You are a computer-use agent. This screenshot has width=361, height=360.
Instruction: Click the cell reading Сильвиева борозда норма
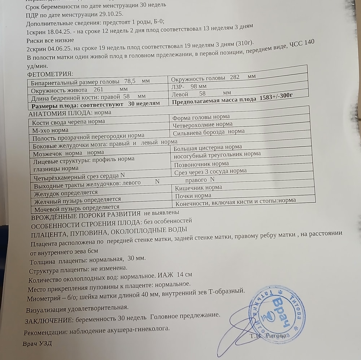(x=209, y=132)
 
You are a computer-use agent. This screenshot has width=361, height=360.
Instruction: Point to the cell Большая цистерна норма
(x=208, y=147)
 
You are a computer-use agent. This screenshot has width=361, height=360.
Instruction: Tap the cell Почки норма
(x=193, y=196)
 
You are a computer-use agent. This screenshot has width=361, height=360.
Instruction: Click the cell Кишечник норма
(x=199, y=188)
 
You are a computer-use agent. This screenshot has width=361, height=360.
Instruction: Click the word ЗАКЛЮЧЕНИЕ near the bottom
(x=48, y=321)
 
